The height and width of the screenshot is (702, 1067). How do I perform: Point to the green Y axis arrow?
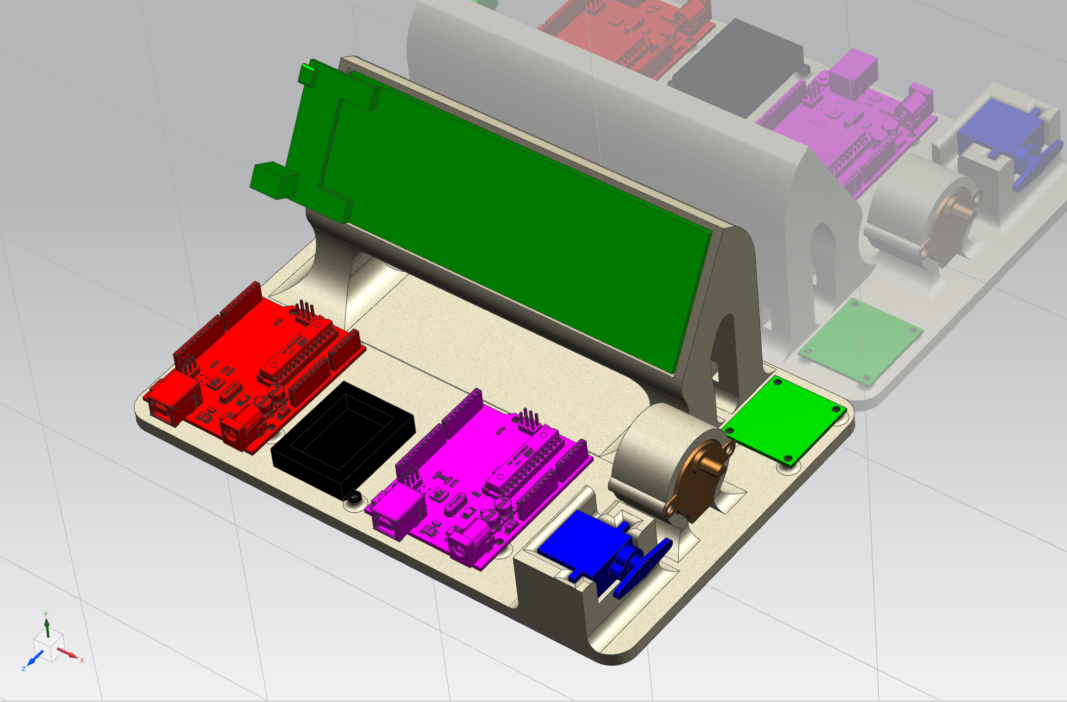[47, 628]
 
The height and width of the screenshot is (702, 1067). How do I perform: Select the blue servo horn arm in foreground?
[643, 567]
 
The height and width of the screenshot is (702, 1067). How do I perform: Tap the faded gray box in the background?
[734, 66]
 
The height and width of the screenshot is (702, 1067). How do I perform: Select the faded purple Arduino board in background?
[850, 127]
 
